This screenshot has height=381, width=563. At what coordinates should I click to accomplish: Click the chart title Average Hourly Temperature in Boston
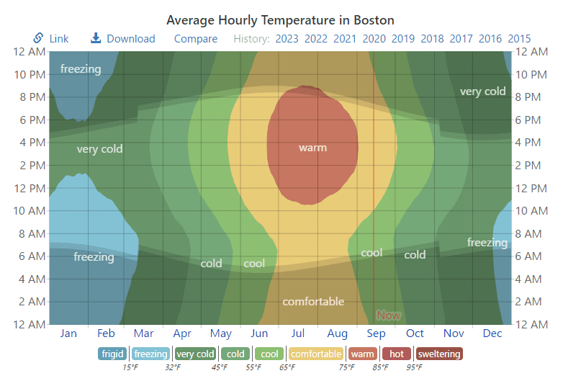coord(280,19)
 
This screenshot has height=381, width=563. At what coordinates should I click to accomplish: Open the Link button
coord(51,38)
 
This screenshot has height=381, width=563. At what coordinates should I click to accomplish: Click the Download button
coord(123,38)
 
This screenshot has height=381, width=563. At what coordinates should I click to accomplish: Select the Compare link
coord(196,39)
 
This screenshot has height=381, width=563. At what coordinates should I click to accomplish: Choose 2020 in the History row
coord(374,39)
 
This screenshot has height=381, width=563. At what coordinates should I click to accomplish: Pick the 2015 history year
coord(519,39)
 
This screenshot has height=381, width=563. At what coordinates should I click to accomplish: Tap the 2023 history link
coord(287,39)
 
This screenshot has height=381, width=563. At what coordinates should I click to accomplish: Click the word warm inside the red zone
coord(312,148)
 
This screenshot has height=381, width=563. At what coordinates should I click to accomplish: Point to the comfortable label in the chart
coord(313,302)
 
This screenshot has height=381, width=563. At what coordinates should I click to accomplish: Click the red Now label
coord(389,315)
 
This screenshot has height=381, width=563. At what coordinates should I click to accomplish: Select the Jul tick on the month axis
coord(299,333)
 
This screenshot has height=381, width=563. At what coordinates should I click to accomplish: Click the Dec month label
coord(492,333)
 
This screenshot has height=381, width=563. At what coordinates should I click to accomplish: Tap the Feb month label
coord(106,333)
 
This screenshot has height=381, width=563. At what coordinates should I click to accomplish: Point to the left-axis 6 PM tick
coord(30,120)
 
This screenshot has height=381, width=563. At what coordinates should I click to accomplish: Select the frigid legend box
coord(113,354)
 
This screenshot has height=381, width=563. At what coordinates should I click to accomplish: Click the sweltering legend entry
coord(438,354)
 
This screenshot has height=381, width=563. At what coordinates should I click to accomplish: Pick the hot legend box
coord(397,354)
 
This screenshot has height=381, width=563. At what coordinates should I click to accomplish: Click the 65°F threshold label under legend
coord(287,367)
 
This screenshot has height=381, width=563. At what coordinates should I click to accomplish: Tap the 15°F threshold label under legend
coord(130,367)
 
